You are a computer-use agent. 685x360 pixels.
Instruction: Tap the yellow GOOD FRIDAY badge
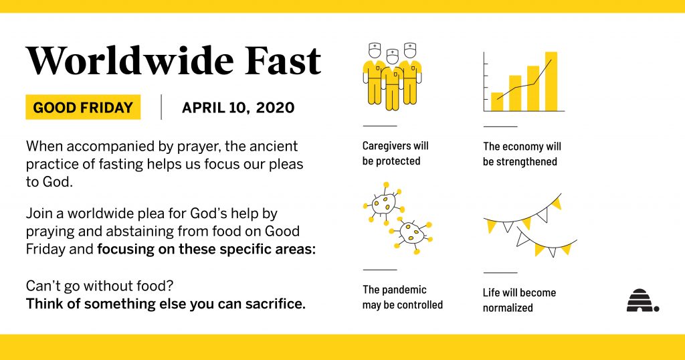coord(83,107)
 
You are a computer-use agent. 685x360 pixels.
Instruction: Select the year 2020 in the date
coord(275,108)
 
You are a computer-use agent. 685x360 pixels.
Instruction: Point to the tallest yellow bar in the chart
coord(551,81)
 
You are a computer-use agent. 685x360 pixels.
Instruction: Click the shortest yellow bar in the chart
coord(497,102)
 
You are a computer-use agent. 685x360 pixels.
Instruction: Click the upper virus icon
coord(383,202)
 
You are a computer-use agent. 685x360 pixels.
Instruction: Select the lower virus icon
coord(411,234)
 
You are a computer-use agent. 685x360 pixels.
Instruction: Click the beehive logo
coord(643,300)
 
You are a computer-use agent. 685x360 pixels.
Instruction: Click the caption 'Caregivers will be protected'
coord(395,153)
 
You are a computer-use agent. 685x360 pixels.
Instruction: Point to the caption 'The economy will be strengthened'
coord(522,154)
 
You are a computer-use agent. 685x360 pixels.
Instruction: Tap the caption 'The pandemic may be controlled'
coord(402,297)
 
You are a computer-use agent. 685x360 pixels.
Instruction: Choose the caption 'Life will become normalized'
coord(519,300)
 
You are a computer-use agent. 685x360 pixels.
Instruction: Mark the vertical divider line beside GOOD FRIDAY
coord(161,107)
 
